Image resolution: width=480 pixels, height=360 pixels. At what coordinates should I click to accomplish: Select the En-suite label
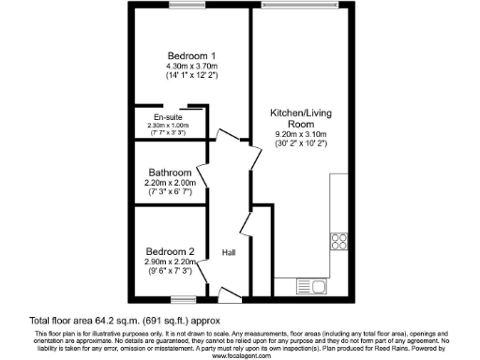154,116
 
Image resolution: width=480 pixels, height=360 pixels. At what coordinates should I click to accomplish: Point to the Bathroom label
171,172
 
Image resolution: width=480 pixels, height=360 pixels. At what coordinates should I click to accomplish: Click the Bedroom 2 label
170,251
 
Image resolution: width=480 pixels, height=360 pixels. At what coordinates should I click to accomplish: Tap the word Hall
228,254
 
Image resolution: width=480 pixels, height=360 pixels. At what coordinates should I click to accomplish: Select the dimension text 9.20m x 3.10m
301,133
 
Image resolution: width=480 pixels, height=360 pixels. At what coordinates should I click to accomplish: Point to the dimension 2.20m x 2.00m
171,184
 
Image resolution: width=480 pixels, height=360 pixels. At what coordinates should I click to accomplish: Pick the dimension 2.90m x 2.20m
170,262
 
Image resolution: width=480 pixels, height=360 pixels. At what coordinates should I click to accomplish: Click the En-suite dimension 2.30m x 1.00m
168,126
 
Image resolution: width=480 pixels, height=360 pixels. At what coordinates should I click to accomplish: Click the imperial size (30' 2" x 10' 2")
301,143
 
